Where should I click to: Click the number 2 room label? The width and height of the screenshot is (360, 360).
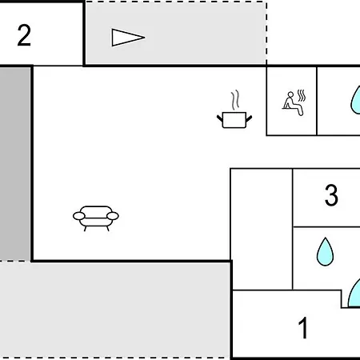point(24,35)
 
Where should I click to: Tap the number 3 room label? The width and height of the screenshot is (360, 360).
point(331,195)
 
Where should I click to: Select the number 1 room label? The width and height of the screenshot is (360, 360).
point(303,328)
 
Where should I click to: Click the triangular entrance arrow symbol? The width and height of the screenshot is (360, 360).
point(128,38)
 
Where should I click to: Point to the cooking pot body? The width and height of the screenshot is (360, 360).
point(234,120)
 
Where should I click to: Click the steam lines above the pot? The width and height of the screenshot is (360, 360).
point(235,100)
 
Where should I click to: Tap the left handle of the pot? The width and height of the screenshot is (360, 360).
point(220,118)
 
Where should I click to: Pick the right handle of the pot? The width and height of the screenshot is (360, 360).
point(249,118)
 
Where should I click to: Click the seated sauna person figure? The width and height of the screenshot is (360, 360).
point(293,104)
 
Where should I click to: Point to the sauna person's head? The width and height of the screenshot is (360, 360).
point(290,94)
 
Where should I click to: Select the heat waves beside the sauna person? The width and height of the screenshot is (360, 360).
point(302,95)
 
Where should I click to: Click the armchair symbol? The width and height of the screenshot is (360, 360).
point(96,218)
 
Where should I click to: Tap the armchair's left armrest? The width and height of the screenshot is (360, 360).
point(79,216)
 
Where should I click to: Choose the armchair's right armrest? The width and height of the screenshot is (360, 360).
point(113,216)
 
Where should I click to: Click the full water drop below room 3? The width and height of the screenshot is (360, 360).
point(325,252)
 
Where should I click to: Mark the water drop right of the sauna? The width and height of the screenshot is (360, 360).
point(356,101)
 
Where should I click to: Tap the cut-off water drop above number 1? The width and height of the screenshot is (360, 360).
point(355,294)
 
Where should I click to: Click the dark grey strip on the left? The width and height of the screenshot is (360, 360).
point(15,164)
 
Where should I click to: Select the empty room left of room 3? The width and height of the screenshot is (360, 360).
point(262,229)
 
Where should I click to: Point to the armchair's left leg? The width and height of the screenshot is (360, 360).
point(86,229)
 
